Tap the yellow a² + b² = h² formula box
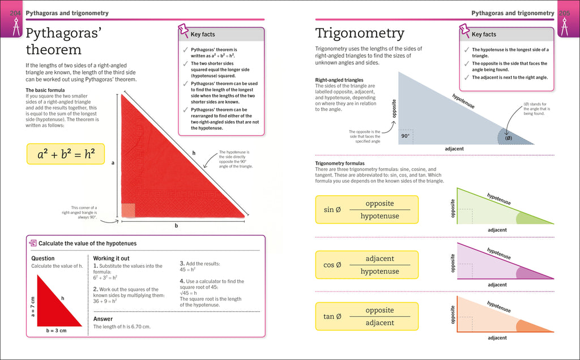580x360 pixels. (x=66, y=153)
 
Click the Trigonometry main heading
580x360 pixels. (x=360, y=33)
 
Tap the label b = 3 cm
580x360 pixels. (x=56, y=331)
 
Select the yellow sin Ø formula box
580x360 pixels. (x=366, y=209)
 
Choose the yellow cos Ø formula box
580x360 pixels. (x=366, y=264)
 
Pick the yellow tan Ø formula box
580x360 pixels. (x=366, y=316)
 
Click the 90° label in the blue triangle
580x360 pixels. (x=405, y=136)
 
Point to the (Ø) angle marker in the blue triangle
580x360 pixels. (x=508, y=138)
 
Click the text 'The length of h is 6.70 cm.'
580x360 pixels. (x=126, y=327)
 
